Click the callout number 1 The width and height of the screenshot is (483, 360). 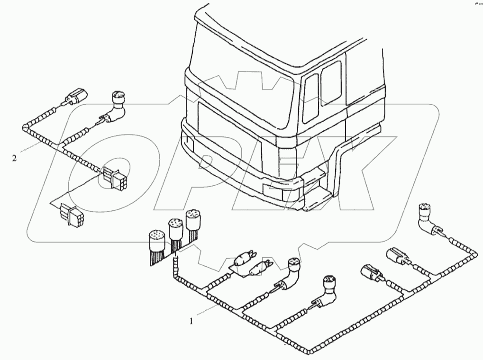191,321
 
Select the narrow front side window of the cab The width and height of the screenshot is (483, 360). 310,98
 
